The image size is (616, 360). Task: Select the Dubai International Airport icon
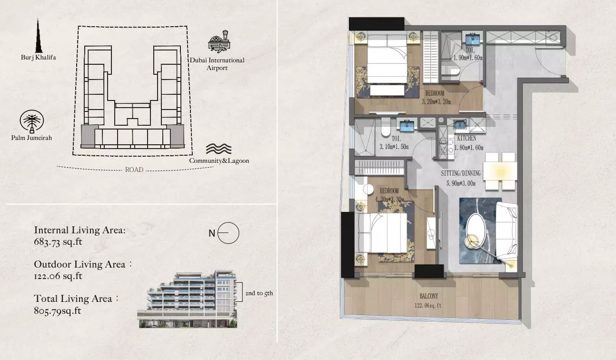(219, 41)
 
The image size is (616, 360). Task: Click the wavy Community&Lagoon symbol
(219, 149)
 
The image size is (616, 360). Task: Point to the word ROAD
(134, 170)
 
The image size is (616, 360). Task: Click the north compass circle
(228, 233)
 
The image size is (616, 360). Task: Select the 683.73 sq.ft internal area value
(58, 242)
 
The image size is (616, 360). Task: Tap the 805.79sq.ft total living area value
(58, 311)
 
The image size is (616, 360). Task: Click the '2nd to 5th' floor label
(259, 293)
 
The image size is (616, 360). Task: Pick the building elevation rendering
(187, 299)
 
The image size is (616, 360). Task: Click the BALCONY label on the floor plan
(429, 296)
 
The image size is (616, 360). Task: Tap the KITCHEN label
(467, 138)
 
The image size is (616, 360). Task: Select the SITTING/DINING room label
(461, 173)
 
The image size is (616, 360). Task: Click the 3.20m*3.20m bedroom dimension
(437, 102)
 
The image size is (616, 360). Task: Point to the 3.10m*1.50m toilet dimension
(394, 147)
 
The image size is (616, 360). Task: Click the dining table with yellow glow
(500, 171)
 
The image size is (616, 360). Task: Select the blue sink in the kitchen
(460, 124)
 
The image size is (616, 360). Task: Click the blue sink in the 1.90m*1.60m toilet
(473, 39)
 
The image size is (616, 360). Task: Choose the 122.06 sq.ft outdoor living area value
(58, 276)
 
